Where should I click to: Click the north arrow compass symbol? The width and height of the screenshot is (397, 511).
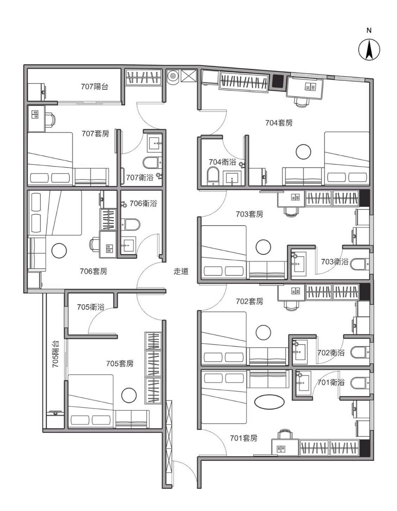(x=369, y=50)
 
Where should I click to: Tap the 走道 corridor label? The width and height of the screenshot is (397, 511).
(x=181, y=271)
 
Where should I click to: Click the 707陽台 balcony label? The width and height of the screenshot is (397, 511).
(x=94, y=87)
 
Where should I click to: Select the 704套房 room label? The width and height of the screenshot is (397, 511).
(x=279, y=123)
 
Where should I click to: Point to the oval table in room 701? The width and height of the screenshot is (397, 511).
(x=269, y=401)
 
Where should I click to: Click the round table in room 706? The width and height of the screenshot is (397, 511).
(x=59, y=251)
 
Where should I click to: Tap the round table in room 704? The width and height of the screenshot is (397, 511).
(x=303, y=152)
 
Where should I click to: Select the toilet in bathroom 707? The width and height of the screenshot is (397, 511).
(x=152, y=163)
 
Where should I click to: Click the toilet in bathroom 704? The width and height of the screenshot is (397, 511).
(x=213, y=176)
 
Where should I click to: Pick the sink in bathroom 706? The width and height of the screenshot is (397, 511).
(x=128, y=245)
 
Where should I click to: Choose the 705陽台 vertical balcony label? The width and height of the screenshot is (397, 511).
(x=56, y=354)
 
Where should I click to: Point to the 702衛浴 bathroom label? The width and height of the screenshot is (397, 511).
(x=331, y=353)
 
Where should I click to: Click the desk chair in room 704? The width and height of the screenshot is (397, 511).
(x=302, y=102)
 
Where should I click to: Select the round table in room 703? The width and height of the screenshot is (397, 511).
(x=263, y=247)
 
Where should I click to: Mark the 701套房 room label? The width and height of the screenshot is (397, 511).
(x=243, y=438)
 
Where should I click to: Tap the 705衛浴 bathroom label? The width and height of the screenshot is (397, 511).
(x=91, y=307)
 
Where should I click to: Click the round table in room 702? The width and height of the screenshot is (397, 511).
(x=263, y=332)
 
